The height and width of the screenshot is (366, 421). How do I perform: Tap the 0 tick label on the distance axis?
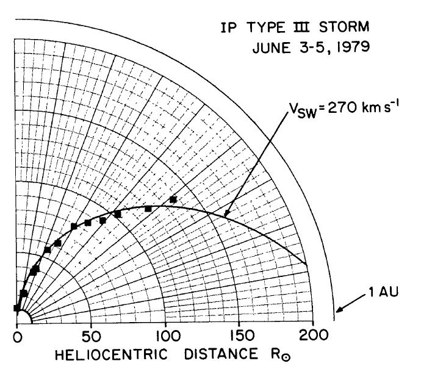(x=17, y=335)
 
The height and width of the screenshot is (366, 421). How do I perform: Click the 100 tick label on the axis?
(x=164, y=335)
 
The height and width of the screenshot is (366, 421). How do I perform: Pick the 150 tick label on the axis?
(x=238, y=335)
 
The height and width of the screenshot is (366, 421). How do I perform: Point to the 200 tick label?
(x=312, y=335)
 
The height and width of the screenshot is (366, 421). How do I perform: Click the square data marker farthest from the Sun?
(x=173, y=199)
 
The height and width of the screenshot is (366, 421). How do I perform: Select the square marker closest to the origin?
(x=17, y=308)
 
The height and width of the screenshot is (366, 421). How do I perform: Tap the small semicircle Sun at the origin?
(x=23, y=318)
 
